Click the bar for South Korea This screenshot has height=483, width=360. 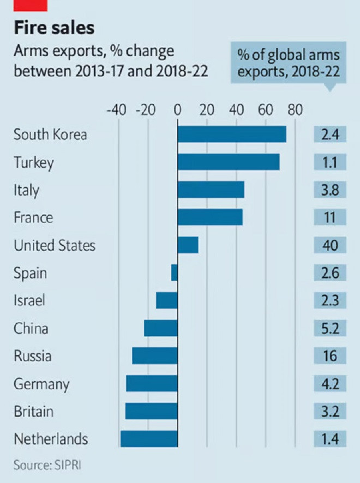click(x=232, y=134)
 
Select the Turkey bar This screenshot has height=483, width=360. click(x=229, y=162)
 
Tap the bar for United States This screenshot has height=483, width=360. click(x=188, y=245)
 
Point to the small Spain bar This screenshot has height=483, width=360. click(x=175, y=273)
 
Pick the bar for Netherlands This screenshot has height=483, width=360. click(x=149, y=439)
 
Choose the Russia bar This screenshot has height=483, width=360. click(x=155, y=356)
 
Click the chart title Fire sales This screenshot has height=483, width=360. click(x=54, y=28)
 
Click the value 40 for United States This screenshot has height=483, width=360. click(x=331, y=245)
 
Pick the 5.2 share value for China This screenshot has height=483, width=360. click(x=331, y=328)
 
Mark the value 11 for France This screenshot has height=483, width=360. click(x=331, y=218)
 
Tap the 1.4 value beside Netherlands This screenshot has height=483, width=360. click(x=331, y=439)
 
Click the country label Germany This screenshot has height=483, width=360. click(x=41, y=384)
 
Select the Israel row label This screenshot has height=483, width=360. click(x=29, y=300)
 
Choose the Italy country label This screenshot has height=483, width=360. click(x=27, y=190)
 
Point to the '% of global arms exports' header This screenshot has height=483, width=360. click(x=288, y=63)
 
